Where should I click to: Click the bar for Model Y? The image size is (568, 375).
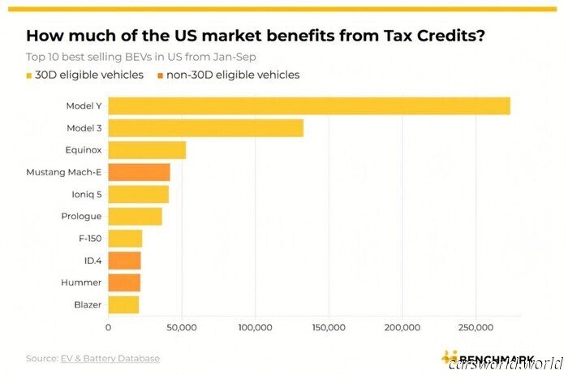[309, 106]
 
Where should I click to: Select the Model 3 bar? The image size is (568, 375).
[205, 128]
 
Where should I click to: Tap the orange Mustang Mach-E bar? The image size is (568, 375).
[139, 172]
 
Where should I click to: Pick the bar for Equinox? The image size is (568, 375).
[147, 150]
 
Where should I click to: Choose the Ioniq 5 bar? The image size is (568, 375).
[138, 194]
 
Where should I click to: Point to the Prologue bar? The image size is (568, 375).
[135, 217]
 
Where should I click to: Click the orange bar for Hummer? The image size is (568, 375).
[124, 282]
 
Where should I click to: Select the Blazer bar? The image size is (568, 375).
[123, 304]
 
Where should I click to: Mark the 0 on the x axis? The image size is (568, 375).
[109, 327]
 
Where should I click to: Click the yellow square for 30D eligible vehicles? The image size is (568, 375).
[30, 75]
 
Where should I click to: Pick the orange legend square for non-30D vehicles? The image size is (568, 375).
[159, 75]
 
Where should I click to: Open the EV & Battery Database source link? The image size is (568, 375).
[110, 358]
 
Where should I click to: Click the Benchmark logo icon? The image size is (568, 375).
[448, 357]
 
